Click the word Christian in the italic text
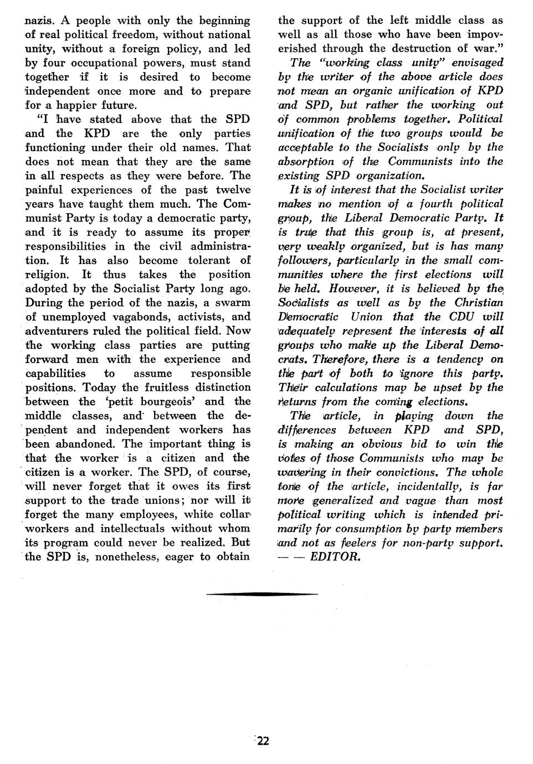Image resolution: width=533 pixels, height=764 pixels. pos(479,303)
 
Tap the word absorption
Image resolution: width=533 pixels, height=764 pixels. pos(306,162)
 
